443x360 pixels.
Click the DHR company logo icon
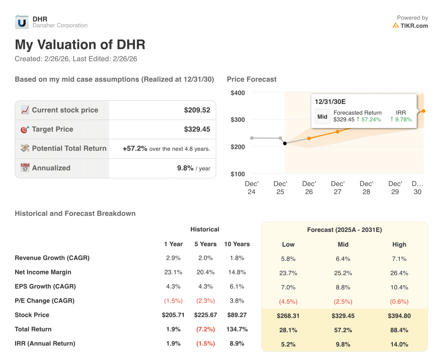[22, 22]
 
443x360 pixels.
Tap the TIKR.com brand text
[414, 26]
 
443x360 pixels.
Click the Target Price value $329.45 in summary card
[197, 129]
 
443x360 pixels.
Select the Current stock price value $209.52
[197, 110]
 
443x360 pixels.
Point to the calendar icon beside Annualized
[25, 168]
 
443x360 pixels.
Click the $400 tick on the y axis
[238, 93]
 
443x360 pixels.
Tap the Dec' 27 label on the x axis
[337, 188]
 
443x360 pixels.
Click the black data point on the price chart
[285, 143]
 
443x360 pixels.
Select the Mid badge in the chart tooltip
[322, 116]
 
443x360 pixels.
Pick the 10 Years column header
[237, 244]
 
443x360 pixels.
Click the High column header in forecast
[399, 244]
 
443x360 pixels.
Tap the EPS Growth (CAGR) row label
[45, 286]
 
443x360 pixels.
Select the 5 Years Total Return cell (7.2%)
[205, 329]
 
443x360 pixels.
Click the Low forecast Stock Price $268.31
[288, 316]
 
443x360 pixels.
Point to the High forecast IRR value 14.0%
[399, 344]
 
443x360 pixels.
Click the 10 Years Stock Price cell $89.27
[237, 315]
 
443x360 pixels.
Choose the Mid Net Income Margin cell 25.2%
[343, 273]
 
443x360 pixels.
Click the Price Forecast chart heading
[251, 80]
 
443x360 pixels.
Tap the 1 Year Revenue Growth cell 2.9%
[173, 258]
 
